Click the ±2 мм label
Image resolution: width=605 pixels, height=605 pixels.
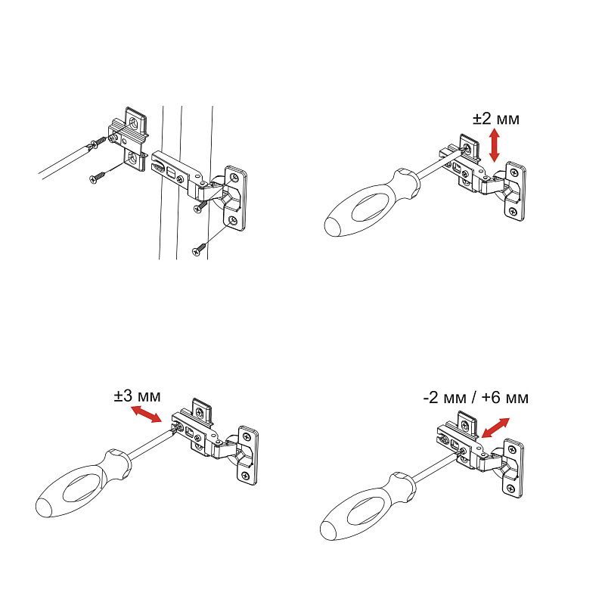(x=496, y=119)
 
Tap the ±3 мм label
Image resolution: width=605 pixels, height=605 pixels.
(x=137, y=396)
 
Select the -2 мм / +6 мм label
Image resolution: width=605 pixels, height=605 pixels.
(x=476, y=398)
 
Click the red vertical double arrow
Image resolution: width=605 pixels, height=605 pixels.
(x=495, y=145)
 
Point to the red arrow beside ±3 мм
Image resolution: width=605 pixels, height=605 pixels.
(x=147, y=414)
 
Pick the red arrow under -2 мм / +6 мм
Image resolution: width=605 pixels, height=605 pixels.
(x=496, y=428)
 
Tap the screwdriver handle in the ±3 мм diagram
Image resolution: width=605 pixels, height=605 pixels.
(x=83, y=483)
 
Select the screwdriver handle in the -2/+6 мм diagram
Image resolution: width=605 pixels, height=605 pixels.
(x=368, y=506)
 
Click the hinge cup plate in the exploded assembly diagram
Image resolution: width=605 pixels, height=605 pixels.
(x=235, y=198)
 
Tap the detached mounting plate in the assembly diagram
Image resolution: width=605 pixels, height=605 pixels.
(x=129, y=140)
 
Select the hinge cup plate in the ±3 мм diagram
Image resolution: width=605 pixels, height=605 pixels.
(x=248, y=455)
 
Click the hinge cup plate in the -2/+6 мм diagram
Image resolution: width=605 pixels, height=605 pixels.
(x=514, y=468)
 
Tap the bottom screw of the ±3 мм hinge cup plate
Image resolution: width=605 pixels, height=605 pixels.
(x=244, y=476)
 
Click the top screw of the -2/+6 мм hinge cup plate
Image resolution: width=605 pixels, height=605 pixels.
(x=512, y=450)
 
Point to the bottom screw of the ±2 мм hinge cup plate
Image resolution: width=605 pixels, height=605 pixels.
(x=513, y=211)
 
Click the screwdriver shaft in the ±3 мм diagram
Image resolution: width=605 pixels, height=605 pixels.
(x=150, y=444)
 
